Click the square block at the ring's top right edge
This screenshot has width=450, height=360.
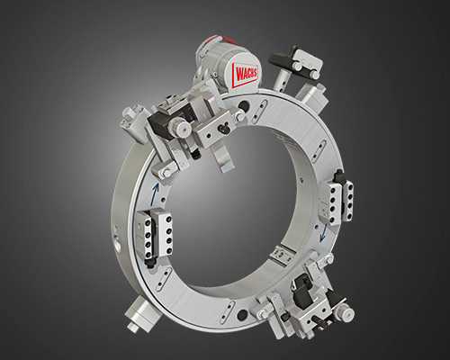click(318, 93)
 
